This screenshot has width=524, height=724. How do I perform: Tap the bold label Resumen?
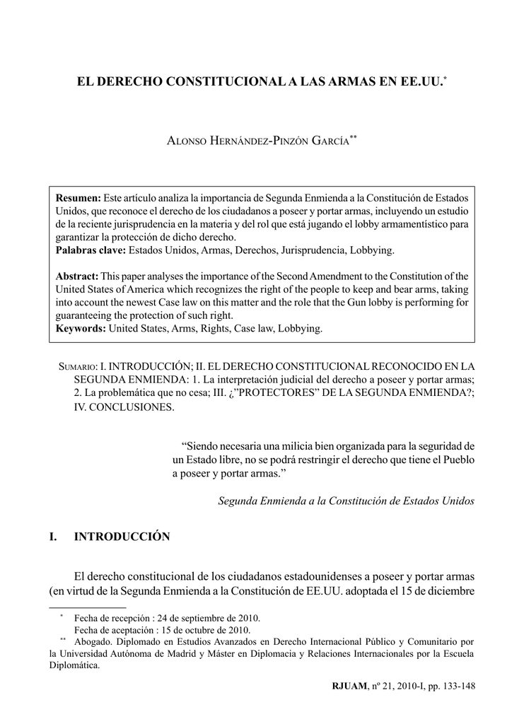click(x=78, y=196)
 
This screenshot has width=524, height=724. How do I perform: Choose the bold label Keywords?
click(x=81, y=329)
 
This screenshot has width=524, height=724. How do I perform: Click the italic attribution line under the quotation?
click(x=346, y=500)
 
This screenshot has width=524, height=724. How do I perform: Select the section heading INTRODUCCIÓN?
click(x=122, y=537)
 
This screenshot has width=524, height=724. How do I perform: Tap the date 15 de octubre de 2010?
click(x=199, y=629)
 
